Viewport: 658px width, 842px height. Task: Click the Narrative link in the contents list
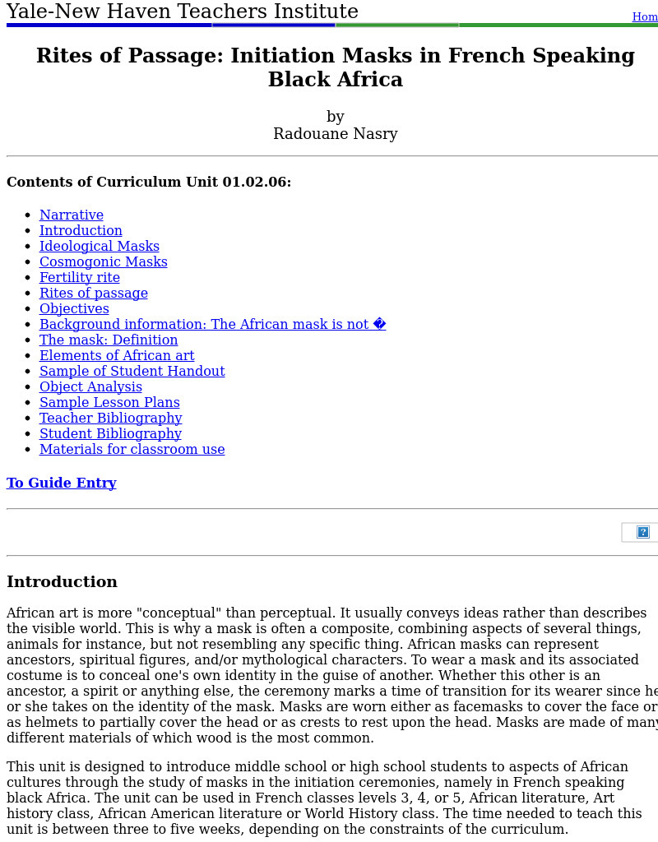click(x=72, y=215)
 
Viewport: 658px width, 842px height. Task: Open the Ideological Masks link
click(x=100, y=247)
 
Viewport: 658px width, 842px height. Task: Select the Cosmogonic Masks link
click(x=104, y=262)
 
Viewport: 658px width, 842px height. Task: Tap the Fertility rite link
click(x=80, y=278)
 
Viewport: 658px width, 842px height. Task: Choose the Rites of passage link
click(x=94, y=294)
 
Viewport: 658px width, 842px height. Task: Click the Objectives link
click(x=74, y=309)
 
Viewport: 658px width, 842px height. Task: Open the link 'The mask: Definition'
click(x=109, y=340)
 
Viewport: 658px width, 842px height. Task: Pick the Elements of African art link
click(x=117, y=356)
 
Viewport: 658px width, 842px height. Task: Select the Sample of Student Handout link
click(x=132, y=372)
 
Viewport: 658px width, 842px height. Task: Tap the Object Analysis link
click(x=90, y=387)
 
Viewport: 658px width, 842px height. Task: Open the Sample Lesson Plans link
click(x=109, y=403)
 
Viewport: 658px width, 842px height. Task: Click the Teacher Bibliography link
click(x=111, y=419)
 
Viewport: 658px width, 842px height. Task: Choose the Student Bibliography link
click(x=110, y=434)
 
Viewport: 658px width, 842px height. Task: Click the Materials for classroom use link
click(x=132, y=450)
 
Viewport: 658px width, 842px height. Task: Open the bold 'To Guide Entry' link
click(x=62, y=483)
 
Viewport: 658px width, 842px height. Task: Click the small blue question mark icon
click(x=643, y=532)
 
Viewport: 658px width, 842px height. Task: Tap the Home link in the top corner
click(x=645, y=17)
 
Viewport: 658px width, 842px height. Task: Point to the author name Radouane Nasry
click(x=336, y=134)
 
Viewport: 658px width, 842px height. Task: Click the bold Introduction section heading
click(x=62, y=582)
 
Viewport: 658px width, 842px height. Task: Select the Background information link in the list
click(x=212, y=325)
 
